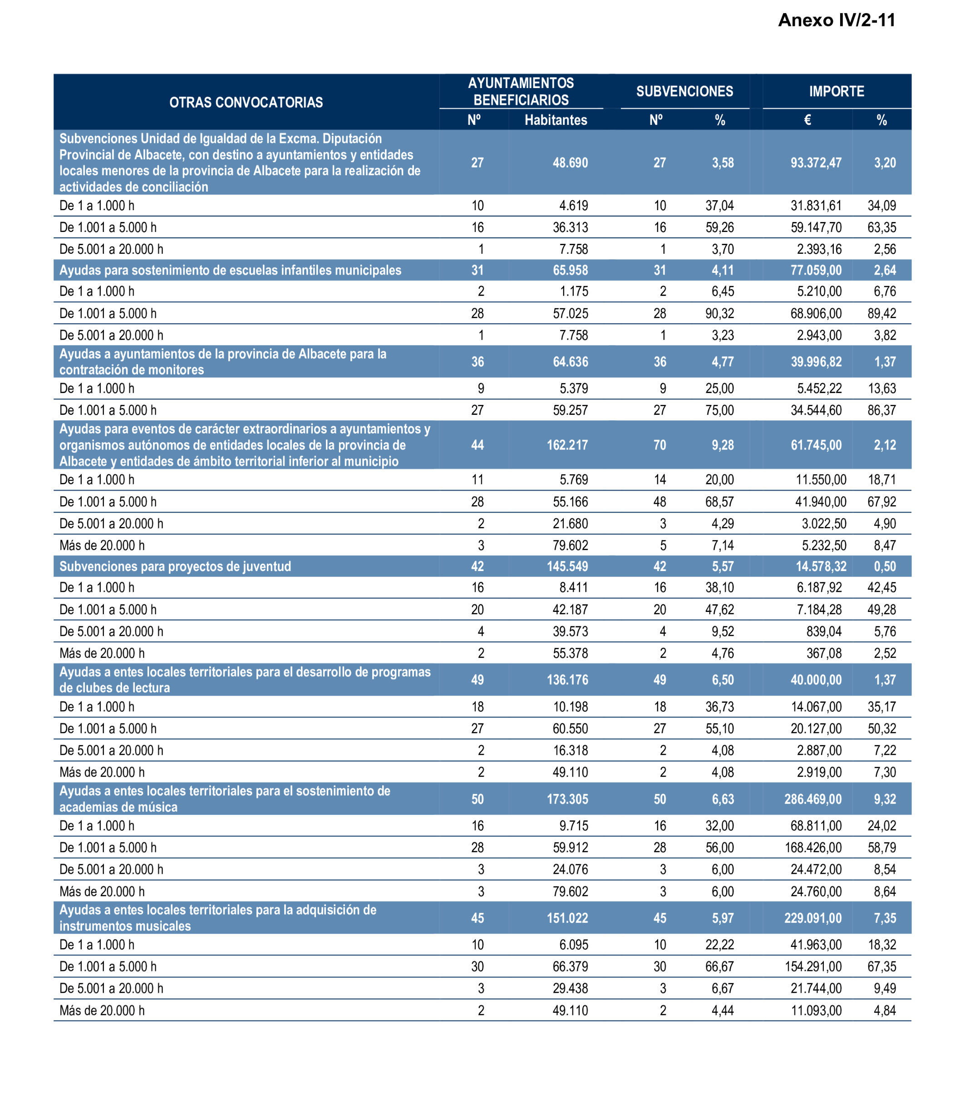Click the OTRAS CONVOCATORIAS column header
(246, 102)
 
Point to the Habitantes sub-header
(556, 120)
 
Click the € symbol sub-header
(807, 120)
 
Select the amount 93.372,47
(816, 163)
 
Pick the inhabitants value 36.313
(570, 227)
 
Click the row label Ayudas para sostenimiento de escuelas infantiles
(231, 271)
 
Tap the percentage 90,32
(719, 313)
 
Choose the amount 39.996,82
(816, 362)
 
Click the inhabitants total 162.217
(567, 445)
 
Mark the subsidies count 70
(660, 445)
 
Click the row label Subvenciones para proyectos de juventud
(175, 567)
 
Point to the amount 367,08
(824, 653)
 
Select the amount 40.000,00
(816, 680)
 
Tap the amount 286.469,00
(812, 799)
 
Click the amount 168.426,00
(813, 848)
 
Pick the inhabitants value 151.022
(567, 918)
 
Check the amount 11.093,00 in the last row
(816, 1011)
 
